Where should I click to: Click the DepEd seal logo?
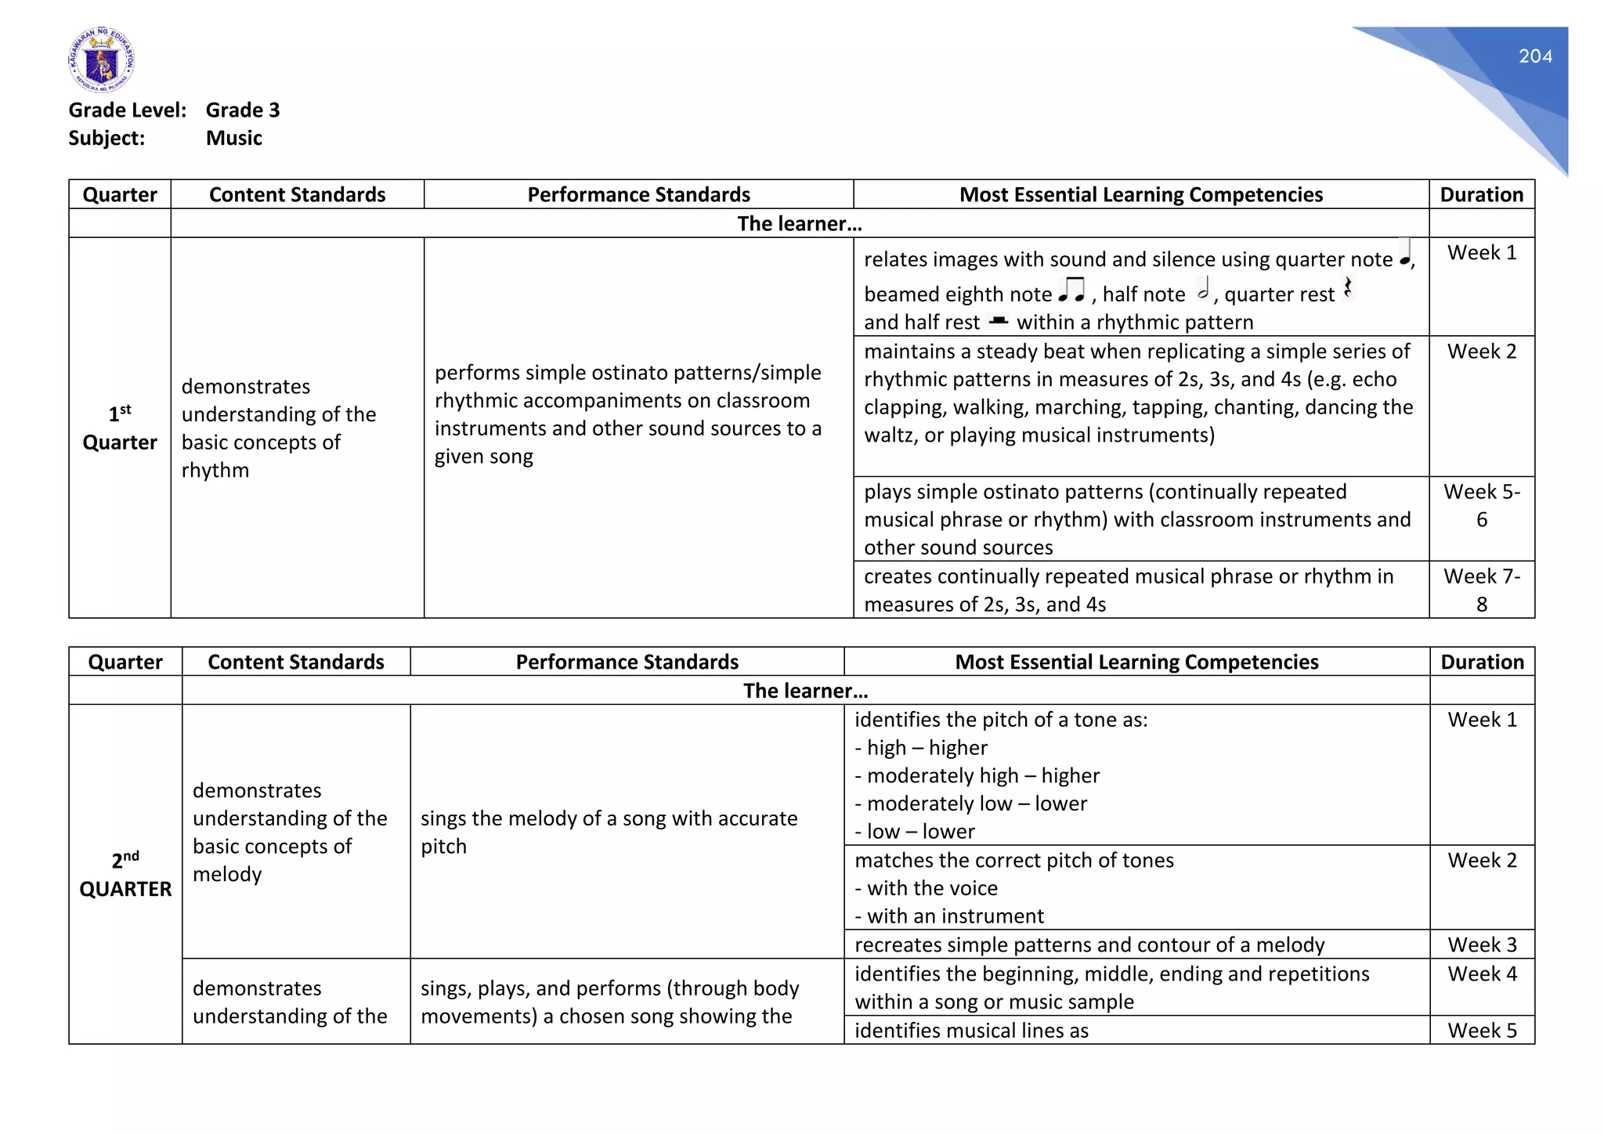point(101,60)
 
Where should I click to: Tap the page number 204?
point(1534,56)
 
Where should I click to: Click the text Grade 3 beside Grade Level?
point(242,110)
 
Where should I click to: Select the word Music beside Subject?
point(233,139)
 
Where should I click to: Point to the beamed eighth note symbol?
point(1071,290)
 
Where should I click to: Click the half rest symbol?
point(998,320)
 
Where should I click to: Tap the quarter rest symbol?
point(1347,288)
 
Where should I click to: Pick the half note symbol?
point(1204,290)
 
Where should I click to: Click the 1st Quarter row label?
point(120,428)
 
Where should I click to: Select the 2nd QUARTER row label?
point(125,875)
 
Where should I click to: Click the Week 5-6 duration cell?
point(1481,505)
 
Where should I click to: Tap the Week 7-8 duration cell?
point(1481,590)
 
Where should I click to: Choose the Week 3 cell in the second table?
point(1482,944)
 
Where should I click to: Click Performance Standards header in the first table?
point(638,194)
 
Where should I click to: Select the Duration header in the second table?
point(1482,662)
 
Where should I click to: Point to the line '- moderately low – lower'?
point(970,804)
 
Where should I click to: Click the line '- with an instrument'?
point(949,916)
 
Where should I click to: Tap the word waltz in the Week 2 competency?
point(891,435)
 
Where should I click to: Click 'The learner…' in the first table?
point(799,224)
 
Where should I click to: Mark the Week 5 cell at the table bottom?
point(1482,1031)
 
